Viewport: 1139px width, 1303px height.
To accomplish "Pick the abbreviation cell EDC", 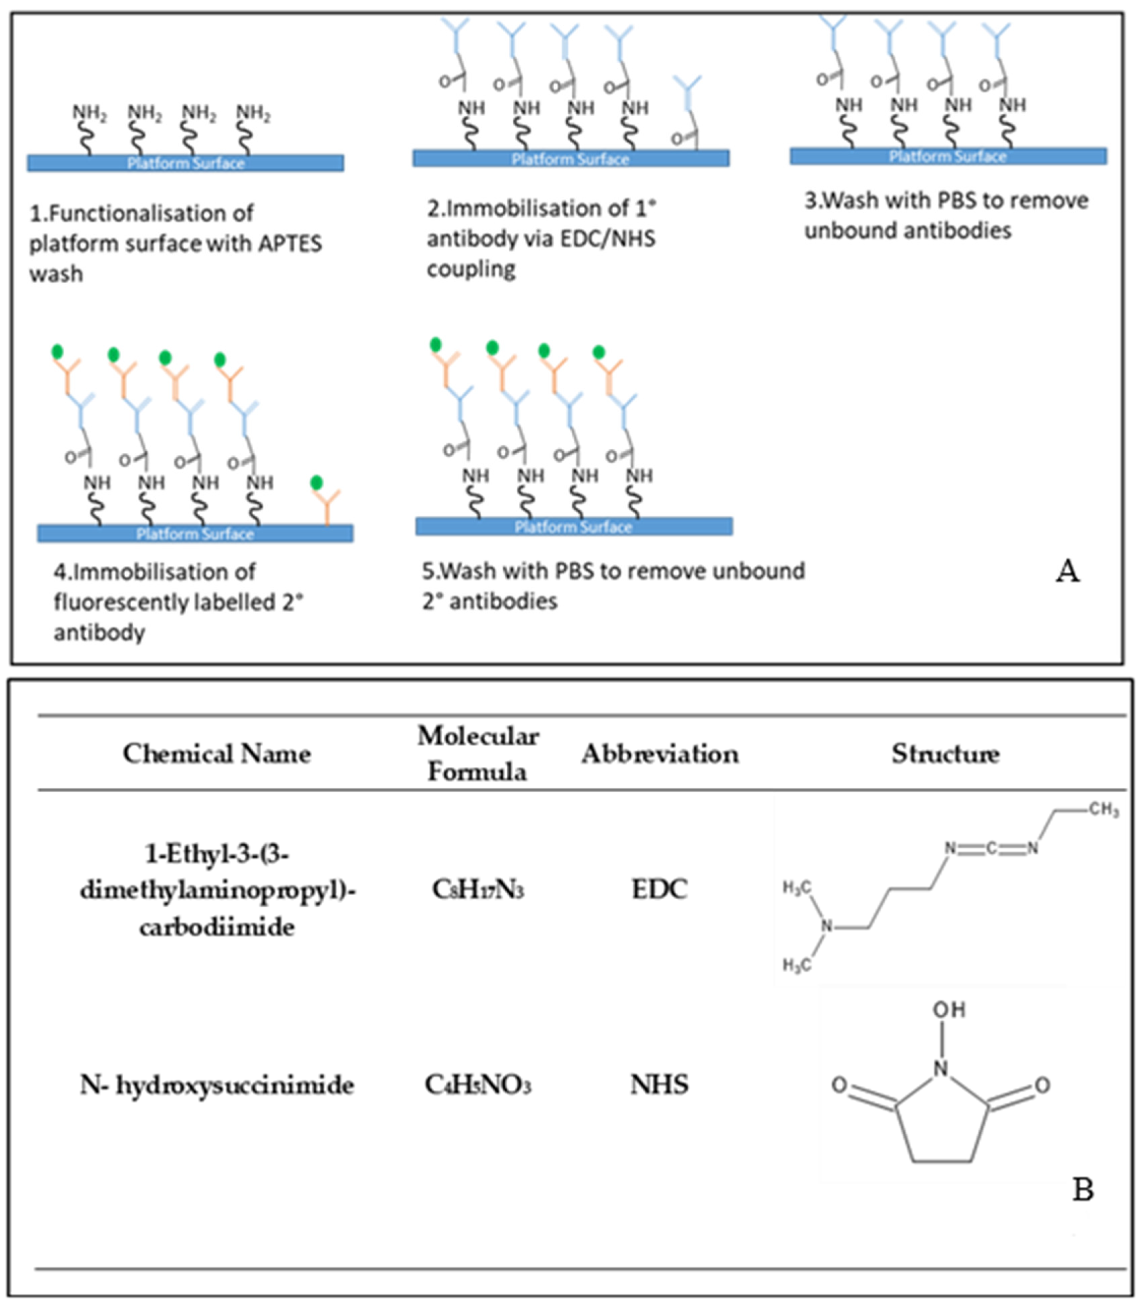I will [659, 889].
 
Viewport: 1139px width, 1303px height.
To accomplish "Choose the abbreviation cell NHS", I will [659, 1084].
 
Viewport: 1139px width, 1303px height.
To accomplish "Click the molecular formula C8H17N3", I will [478, 889].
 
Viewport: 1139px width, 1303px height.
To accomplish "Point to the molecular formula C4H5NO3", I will [478, 1085].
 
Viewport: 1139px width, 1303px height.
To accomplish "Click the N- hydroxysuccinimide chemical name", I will [217, 1084].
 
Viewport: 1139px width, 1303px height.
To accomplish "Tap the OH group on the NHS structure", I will [949, 1009].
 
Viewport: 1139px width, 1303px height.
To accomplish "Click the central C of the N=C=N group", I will [991, 848].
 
